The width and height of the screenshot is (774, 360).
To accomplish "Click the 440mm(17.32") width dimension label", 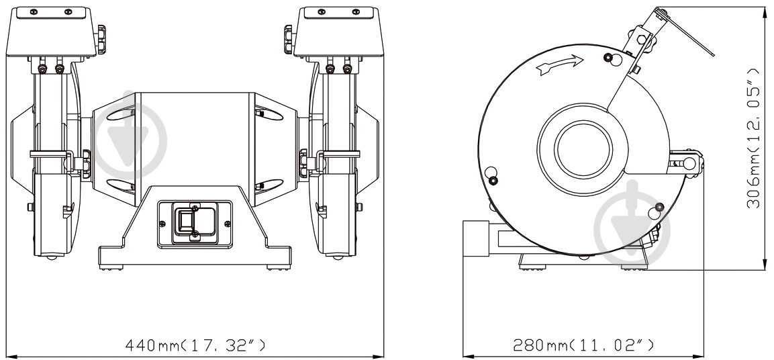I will point(195,346).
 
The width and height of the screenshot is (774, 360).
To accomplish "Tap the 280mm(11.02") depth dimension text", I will point(583,346).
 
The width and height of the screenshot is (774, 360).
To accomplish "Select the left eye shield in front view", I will point(54,30).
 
